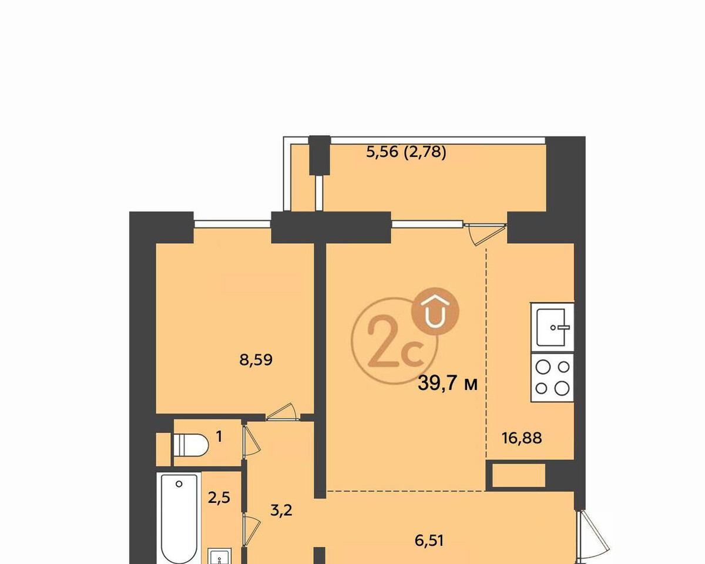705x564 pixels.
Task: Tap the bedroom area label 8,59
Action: pyautogui.click(x=256, y=360)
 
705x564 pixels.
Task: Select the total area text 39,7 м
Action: pyautogui.click(x=448, y=383)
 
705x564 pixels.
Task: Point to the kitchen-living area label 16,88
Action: pyautogui.click(x=522, y=438)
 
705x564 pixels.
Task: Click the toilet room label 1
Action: pyautogui.click(x=219, y=437)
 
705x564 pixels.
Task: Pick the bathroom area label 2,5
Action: pyautogui.click(x=219, y=498)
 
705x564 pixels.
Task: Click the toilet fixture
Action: pyautogui.click(x=191, y=445)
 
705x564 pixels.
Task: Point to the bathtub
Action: pyautogui.click(x=179, y=518)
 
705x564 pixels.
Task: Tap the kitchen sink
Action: pyautogui.click(x=552, y=327)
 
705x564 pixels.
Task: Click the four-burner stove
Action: pyautogui.click(x=552, y=378)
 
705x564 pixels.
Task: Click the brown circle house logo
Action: pyautogui.click(x=435, y=311)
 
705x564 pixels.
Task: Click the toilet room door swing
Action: pyautogui.click(x=251, y=440)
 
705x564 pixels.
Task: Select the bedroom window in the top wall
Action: pyautogui.click(x=232, y=224)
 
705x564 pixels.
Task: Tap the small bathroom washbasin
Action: pyautogui.click(x=220, y=556)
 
